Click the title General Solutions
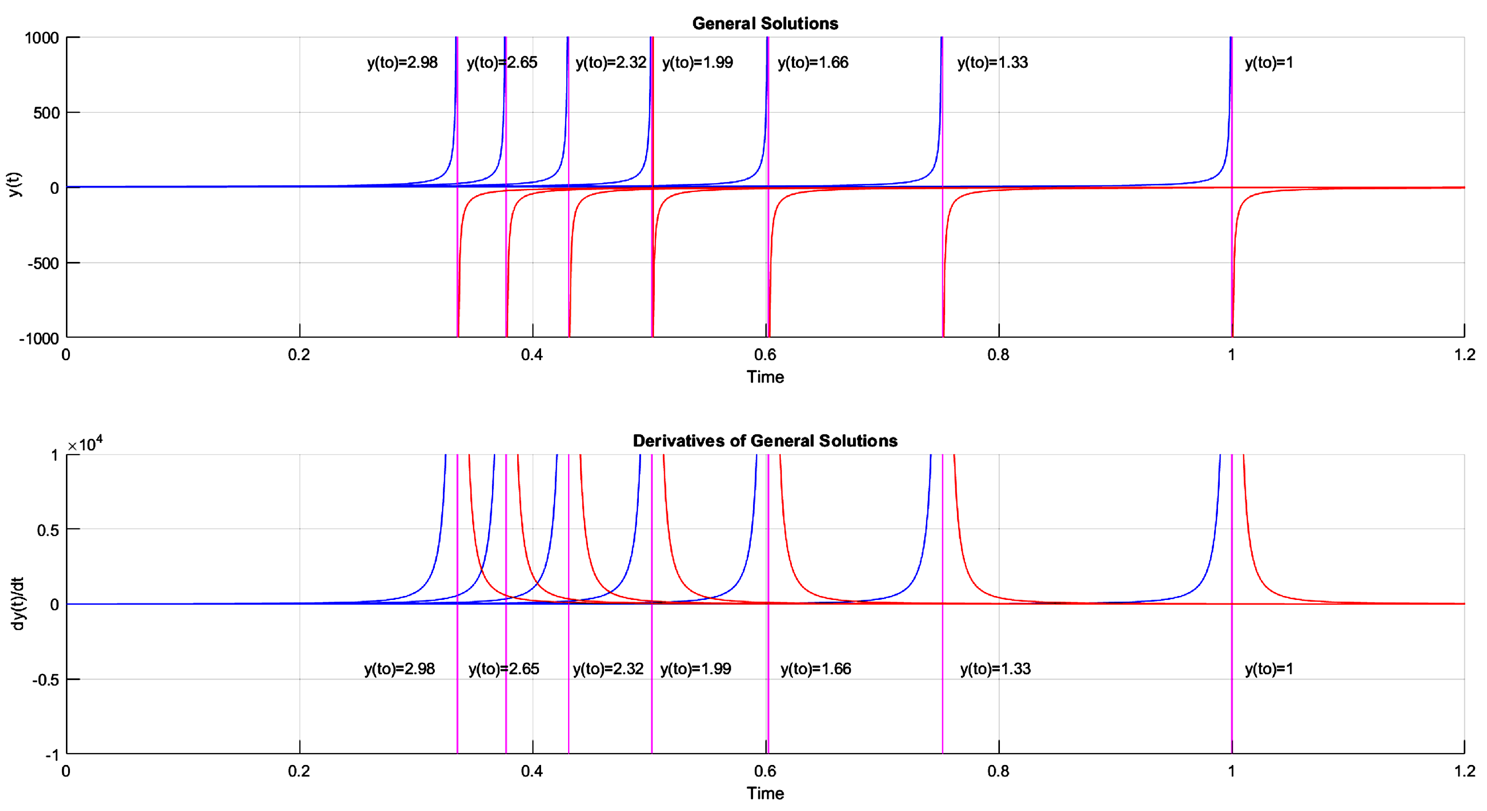click(765, 23)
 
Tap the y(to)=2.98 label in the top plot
click(402, 62)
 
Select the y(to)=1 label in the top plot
click(1269, 62)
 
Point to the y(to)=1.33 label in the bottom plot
click(995, 669)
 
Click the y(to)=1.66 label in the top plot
click(813, 62)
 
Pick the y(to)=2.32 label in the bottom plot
click(608, 669)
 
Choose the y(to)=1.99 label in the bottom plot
click(695, 669)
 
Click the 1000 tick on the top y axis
click(42, 38)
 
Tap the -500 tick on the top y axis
click(43, 263)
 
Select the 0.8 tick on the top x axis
click(998, 354)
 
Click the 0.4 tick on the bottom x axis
click(532, 771)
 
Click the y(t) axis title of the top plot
click(15, 184)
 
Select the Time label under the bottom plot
click(765, 793)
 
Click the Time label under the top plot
click(765, 377)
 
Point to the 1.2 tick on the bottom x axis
click(1464, 771)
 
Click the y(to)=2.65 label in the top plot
click(502, 62)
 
